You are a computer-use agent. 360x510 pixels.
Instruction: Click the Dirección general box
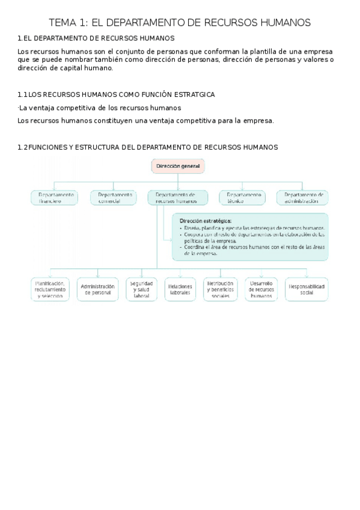[178, 166]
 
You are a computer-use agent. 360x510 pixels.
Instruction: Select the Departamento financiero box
[54, 198]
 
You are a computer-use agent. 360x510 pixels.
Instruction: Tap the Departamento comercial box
[114, 198]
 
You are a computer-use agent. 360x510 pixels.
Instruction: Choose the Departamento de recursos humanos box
[177, 198]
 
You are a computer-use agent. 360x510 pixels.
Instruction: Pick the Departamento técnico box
[243, 198]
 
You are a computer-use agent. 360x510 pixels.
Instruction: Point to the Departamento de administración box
[302, 198]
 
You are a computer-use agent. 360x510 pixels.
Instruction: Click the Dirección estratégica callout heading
[205, 221]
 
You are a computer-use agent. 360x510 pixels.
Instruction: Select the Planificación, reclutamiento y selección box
[51, 289]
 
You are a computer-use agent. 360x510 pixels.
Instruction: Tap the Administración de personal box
[97, 289]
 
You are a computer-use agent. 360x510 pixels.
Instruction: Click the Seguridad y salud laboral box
[141, 289]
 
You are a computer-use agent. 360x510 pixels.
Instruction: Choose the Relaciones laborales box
[180, 289]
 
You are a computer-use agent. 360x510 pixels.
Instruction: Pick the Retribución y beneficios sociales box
[219, 289]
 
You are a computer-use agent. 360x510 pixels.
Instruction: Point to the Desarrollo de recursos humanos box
[261, 289]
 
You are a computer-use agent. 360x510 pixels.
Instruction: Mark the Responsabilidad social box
[306, 289]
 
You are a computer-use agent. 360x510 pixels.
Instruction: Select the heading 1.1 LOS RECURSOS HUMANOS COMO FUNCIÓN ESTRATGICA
[116, 94]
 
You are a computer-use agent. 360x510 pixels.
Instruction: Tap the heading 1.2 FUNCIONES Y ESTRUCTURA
[147, 147]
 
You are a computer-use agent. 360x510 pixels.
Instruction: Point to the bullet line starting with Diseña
[252, 229]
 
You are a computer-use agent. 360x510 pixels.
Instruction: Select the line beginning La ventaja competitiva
[100, 108]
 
